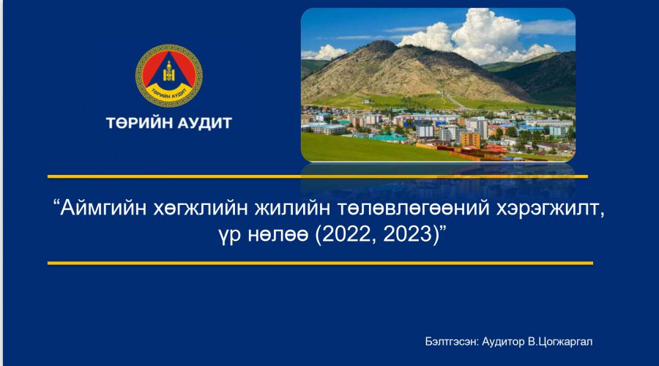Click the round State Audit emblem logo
point(169,75)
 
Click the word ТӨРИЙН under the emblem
point(139,123)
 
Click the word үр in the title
point(229,235)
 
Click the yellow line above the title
point(317,176)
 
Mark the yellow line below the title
point(320,264)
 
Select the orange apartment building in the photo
point(470,140)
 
